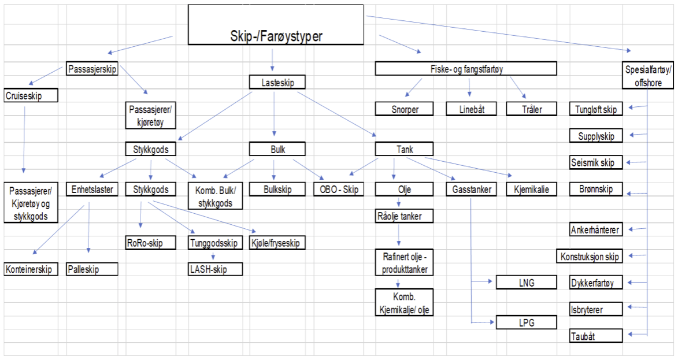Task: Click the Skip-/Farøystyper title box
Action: [x=276, y=24]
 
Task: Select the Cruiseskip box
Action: [x=31, y=95]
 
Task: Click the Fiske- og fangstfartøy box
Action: [x=465, y=69]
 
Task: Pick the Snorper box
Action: [x=404, y=109]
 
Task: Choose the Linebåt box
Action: [x=469, y=109]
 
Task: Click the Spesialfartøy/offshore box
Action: [x=648, y=76]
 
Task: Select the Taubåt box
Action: [x=597, y=336]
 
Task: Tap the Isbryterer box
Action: [x=597, y=309]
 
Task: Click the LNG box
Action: [x=526, y=283]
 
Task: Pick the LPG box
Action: [x=526, y=322]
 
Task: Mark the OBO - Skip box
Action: [x=339, y=189]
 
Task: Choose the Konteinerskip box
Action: [x=31, y=269]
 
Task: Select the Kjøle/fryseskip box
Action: [x=277, y=243]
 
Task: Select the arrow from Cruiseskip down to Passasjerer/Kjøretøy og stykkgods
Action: [x=24, y=139]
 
